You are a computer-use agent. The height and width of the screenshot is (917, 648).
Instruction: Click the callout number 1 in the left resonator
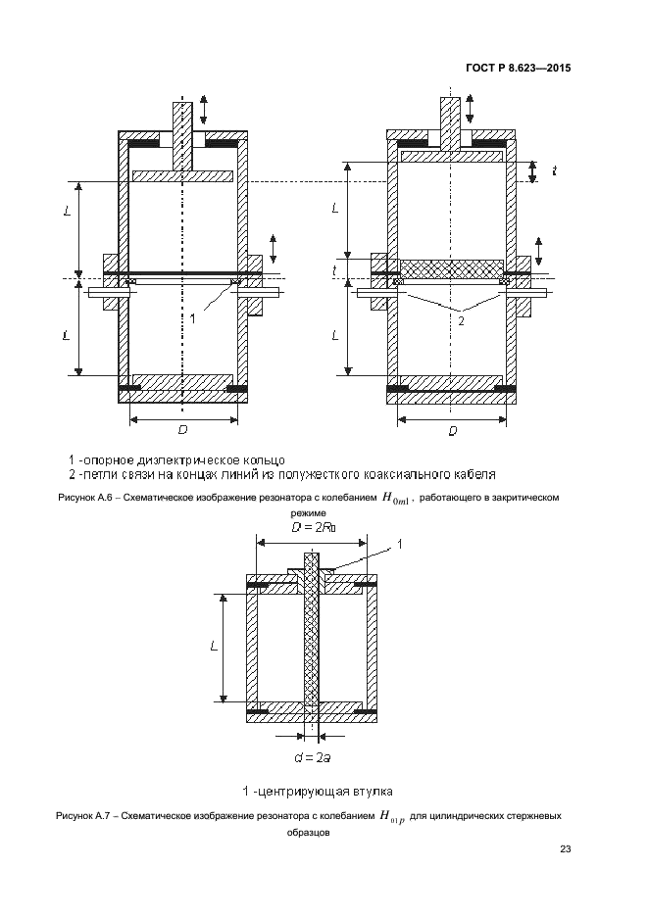click(x=193, y=318)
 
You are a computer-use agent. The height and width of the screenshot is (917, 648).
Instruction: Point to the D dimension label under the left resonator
click(x=182, y=431)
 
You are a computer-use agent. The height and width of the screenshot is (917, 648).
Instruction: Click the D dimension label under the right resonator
click(x=452, y=431)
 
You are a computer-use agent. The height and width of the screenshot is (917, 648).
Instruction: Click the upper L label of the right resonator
click(x=335, y=208)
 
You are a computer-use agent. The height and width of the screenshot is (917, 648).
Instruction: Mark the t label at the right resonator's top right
click(x=554, y=171)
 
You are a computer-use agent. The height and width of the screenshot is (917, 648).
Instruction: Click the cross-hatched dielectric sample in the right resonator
click(x=452, y=267)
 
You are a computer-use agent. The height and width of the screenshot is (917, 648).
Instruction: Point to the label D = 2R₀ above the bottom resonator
click(x=312, y=528)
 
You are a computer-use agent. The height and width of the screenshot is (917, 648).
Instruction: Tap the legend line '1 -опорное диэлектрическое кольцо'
click(x=176, y=459)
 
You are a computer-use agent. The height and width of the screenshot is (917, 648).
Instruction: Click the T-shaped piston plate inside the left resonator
click(x=182, y=175)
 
